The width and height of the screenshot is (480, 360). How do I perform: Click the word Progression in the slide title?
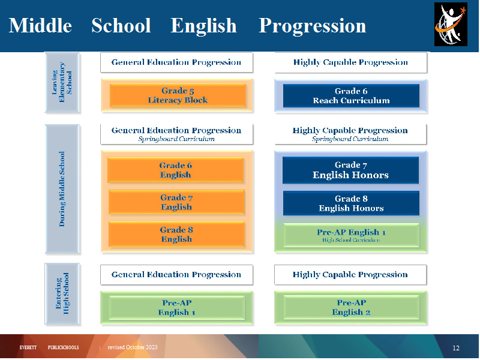312,26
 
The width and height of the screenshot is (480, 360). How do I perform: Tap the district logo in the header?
451,24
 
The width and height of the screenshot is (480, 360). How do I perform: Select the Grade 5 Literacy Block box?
178,95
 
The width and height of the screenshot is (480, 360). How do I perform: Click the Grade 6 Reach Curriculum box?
351,96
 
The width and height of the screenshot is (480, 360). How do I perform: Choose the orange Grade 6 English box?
175,170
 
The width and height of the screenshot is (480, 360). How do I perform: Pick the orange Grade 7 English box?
176,202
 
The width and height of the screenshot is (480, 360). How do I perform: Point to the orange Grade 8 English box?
176,234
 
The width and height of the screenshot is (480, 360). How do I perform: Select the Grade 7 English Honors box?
350,170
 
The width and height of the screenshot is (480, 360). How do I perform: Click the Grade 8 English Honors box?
351,203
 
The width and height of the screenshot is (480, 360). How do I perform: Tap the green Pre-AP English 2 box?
351,307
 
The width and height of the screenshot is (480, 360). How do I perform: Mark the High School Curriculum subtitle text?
351,241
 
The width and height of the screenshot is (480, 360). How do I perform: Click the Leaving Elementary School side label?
62,82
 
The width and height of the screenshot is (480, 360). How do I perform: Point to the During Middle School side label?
62,189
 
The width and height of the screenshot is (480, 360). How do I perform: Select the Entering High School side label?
62,293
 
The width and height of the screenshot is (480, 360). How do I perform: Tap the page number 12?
456,348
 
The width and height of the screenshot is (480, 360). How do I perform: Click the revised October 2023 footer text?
133,347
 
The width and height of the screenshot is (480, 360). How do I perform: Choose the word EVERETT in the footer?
28,347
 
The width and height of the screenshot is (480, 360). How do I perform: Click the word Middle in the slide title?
40,25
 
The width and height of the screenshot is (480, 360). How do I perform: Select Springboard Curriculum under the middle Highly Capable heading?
350,139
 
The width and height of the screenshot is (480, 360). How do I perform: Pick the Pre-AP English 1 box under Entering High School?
176,308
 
